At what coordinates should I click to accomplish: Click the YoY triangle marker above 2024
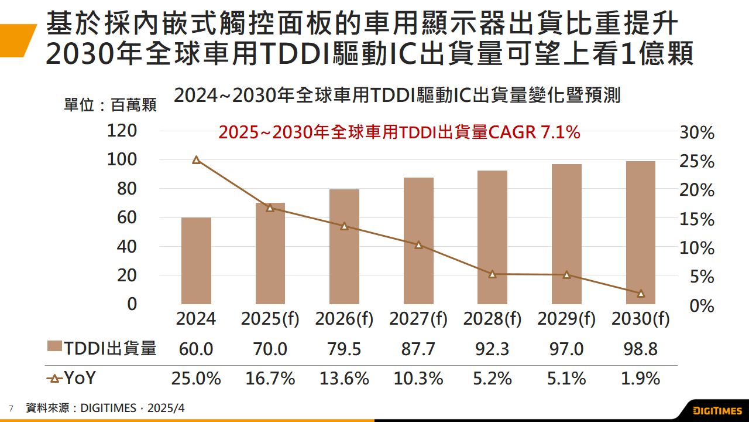196,159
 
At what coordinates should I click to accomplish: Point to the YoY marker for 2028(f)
492,274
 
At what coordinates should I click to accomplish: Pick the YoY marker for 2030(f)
641,293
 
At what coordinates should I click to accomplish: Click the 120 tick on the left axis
122,131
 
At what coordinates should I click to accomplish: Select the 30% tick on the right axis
697,133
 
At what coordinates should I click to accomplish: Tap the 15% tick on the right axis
697,220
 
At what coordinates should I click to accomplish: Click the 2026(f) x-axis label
344,319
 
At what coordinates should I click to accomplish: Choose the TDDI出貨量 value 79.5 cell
344,349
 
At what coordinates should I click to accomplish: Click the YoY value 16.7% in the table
270,379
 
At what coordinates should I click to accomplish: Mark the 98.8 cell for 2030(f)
641,349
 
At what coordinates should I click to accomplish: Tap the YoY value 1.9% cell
641,379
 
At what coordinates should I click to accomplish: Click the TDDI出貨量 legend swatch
54,348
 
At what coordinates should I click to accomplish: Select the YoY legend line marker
54,379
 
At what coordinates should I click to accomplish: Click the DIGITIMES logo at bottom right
717,410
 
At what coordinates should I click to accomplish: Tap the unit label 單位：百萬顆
110,105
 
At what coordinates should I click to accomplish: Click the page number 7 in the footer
11,408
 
